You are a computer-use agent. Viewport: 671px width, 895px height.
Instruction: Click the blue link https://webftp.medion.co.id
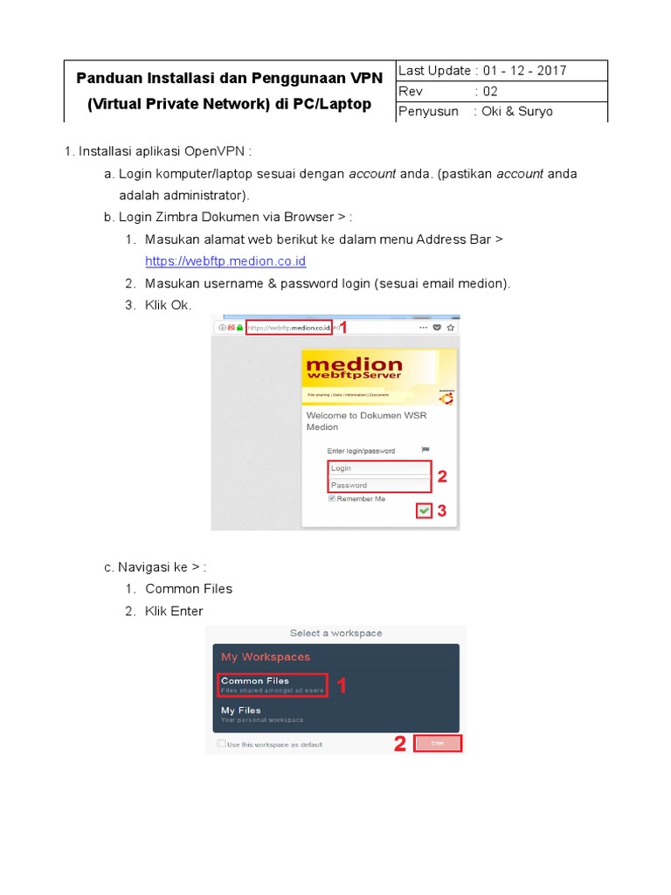click(x=225, y=261)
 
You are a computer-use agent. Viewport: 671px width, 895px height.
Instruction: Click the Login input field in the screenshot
click(x=379, y=468)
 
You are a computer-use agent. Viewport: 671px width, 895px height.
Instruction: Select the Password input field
click(x=379, y=485)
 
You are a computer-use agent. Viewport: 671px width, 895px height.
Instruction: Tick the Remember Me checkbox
click(x=332, y=499)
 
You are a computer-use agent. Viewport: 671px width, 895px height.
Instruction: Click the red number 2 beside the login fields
click(x=442, y=477)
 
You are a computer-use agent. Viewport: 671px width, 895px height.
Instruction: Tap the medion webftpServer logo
click(x=355, y=368)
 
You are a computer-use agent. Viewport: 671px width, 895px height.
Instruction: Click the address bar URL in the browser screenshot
click(x=289, y=329)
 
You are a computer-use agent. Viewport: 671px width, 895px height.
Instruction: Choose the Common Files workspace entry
click(x=272, y=685)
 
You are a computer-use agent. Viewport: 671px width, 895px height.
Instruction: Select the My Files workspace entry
click(x=262, y=714)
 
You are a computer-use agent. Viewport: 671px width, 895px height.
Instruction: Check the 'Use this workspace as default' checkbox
click(x=221, y=744)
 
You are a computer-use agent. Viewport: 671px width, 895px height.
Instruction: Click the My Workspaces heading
click(x=266, y=656)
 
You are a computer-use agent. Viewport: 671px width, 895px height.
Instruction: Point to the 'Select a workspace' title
click(x=335, y=633)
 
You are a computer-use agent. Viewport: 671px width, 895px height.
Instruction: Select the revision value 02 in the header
click(x=490, y=91)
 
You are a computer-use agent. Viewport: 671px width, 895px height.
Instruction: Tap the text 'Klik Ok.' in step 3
click(x=168, y=304)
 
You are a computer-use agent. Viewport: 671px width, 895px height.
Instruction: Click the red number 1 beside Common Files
click(x=342, y=687)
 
